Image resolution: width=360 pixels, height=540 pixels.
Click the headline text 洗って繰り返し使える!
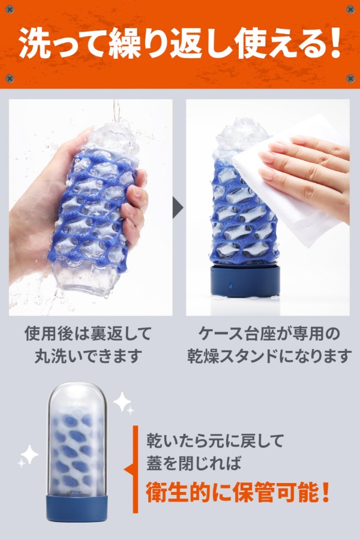coord(179,44)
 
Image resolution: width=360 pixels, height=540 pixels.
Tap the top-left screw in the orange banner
coord(10,9)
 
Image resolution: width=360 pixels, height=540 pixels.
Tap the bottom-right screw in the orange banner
coord(350,79)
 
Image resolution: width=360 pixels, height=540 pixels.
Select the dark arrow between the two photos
coord(178,208)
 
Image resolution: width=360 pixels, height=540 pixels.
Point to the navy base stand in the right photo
coord(245,281)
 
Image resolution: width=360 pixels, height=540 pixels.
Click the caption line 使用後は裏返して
coord(88,334)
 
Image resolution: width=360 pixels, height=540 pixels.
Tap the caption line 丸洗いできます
coord(88,356)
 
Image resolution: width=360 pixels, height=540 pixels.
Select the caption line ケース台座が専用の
coord(269,334)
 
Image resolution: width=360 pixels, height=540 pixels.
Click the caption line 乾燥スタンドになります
coord(269,356)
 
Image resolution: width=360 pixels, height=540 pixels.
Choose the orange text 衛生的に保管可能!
coord(237,493)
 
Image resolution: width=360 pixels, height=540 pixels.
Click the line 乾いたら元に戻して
coord(215,440)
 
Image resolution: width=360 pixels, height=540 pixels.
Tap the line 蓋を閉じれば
coord(194,463)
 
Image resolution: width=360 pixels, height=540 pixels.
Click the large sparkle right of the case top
coord(122,401)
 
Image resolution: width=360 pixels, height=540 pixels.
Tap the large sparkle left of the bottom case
coord(29,454)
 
